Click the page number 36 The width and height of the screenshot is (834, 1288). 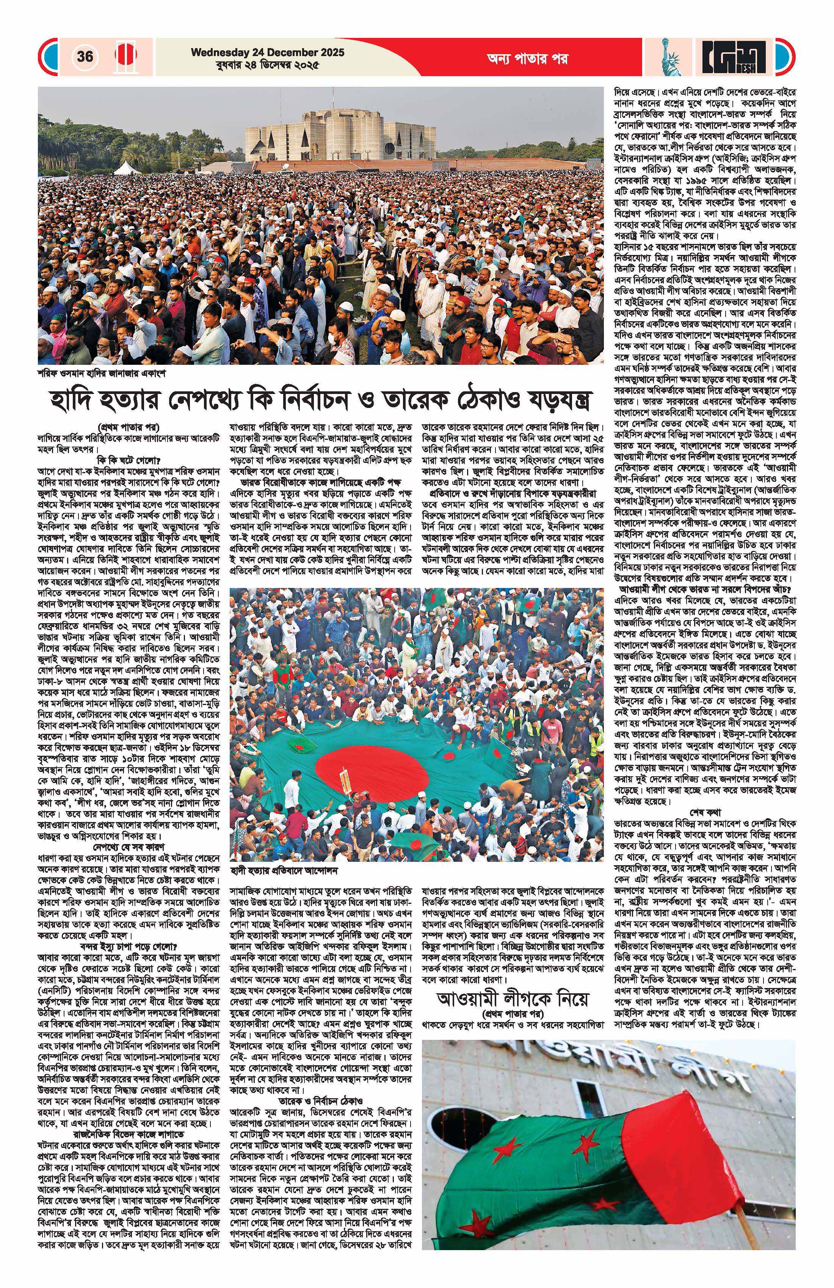tap(85, 56)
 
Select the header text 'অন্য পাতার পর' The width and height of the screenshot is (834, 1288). tap(526, 58)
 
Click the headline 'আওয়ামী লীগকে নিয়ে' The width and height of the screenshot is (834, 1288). tap(512, 1000)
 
